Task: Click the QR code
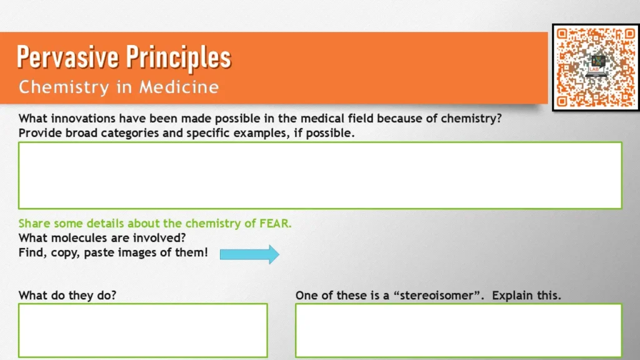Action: (x=596, y=67)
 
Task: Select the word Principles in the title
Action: (x=179, y=58)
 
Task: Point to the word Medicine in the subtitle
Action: (x=179, y=87)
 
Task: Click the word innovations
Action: (x=84, y=119)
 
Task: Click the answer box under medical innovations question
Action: (x=320, y=175)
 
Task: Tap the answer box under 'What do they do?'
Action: (x=143, y=330)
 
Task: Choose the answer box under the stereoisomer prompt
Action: (x=459, y=330)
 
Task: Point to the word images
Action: (x=151, y=253)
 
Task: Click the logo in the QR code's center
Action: (x=595, y=66)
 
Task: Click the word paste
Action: (x=100, y=253)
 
